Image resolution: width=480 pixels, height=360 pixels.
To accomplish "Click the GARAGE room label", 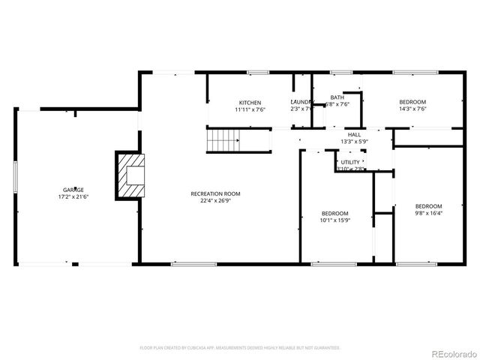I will coord(73,190).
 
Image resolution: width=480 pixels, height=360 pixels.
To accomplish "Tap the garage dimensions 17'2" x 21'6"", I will coord(73,196).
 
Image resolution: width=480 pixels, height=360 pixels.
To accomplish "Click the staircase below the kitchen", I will coord(223,139).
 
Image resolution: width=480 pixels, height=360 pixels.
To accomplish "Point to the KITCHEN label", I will coord(249,103).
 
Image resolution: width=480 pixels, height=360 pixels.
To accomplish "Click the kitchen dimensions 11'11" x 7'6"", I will coord(249,109).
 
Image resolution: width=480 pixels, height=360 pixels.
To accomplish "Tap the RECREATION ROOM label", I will coord(214,193).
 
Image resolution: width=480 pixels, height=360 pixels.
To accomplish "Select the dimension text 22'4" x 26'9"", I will coord(214,200).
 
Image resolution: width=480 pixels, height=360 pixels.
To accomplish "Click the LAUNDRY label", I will coord(301,103).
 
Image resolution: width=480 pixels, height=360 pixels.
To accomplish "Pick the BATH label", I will coord(337,97).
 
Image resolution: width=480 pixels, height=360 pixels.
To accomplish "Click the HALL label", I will coord(354,134).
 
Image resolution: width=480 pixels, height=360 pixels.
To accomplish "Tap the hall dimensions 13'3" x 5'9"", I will coord(354,141).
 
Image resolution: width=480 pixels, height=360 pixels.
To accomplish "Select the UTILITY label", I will coord(349,162).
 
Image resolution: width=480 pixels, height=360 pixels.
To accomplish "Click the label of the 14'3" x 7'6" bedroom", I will coord(412,103).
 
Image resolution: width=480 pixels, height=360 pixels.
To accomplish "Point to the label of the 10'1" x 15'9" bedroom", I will coord(334,214).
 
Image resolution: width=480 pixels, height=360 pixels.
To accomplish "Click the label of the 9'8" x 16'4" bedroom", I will coord(428,206).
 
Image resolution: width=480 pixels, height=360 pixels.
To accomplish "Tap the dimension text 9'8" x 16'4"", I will coord(428,213).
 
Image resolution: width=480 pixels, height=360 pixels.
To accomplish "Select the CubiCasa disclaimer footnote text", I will coord(240,348).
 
